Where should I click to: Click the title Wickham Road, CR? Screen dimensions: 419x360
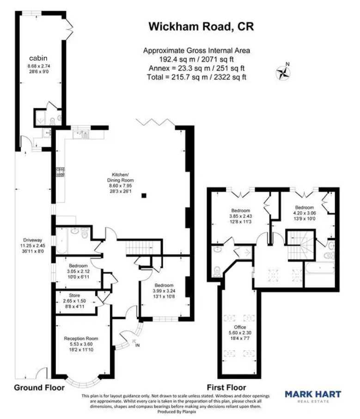click(x=201, y=26)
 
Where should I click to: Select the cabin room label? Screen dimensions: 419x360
click(x=38, y=58)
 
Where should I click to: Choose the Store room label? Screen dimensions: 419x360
click(x=74, y=295)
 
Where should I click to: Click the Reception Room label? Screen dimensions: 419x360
click(x=81, y=338)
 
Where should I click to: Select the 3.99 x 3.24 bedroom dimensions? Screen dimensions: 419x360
click(x=164, y=291)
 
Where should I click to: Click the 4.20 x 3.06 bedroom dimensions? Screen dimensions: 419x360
click(x=304, y=214)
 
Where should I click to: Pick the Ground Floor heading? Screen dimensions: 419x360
click(x=39, y=388)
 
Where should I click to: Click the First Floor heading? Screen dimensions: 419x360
click(x=226, y=388)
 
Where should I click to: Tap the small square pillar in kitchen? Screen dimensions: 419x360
click(x=145, y=195)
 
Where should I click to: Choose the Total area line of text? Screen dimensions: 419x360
click(x=196, y=77)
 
